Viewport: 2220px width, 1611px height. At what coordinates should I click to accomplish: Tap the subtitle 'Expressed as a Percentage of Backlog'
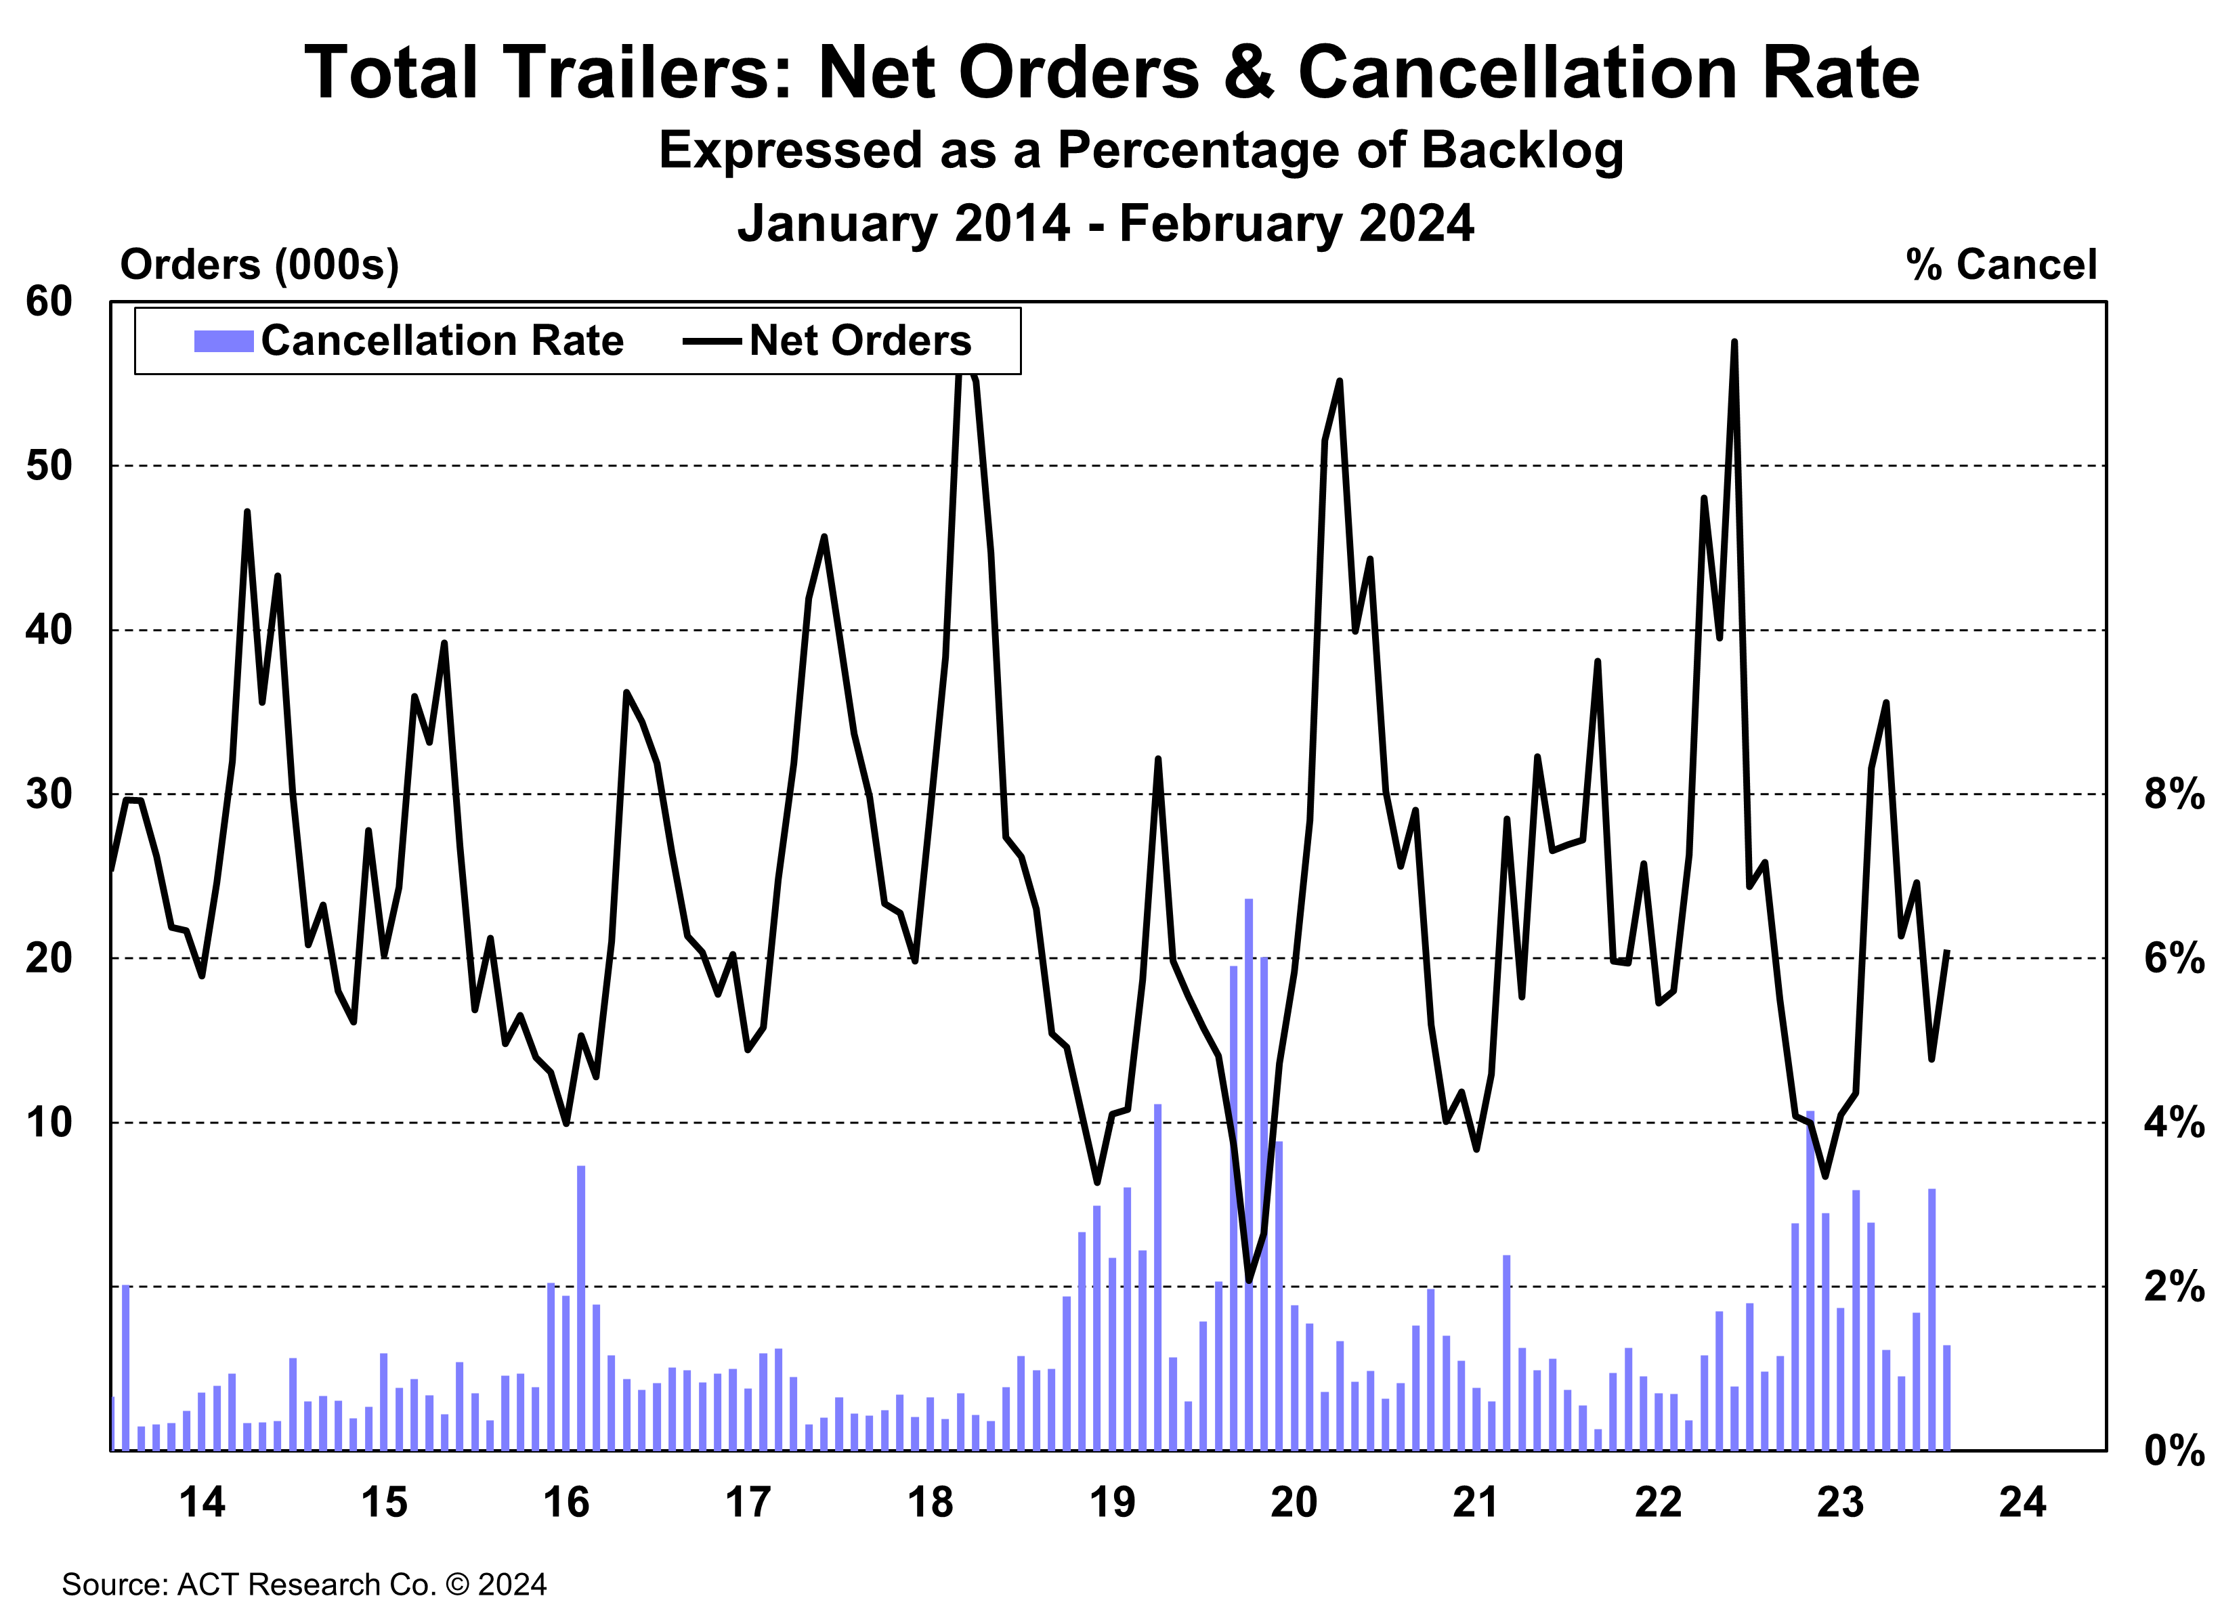1140,151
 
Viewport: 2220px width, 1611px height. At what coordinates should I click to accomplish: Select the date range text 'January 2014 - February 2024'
1105,223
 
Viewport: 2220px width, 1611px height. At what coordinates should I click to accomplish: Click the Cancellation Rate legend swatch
223,341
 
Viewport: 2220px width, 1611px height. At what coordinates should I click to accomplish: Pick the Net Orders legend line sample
712,341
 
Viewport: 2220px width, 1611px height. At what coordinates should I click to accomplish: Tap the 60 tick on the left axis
49,301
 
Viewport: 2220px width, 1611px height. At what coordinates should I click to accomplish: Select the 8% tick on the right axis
2173,794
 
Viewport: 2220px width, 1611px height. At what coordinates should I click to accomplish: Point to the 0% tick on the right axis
2173,1451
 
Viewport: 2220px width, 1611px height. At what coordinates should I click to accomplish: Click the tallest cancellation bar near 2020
1248,1174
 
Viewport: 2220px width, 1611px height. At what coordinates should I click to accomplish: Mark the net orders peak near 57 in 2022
1734,343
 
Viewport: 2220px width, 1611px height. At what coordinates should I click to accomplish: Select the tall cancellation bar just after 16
580,1307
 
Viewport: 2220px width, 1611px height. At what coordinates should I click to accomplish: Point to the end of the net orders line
1948,951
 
